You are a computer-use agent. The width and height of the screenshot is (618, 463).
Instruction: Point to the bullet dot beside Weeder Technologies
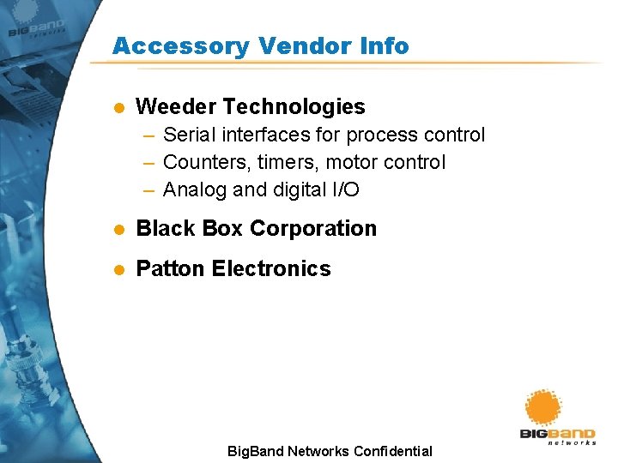[x=119, y=108]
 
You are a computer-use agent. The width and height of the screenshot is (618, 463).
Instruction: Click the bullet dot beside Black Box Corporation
[x=119, y=230]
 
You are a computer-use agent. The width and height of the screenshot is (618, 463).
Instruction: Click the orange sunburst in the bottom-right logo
[x=542, y=407]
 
